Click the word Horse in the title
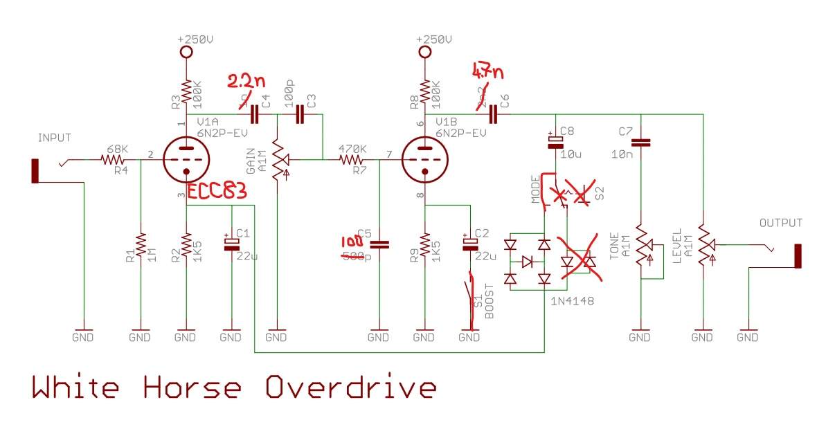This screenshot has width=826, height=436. (x=192, y=388)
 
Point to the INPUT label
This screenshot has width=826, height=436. (x=55, y=138)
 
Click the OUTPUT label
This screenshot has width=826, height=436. (x=781, y=223)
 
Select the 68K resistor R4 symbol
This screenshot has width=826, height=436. (x=111, y=160)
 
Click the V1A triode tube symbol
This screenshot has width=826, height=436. (x=186, y=160)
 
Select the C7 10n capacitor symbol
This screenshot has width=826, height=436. (x=641, y=143)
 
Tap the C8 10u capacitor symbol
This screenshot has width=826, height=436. (x=555, y=141)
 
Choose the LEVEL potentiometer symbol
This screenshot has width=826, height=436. (x=703, y=245)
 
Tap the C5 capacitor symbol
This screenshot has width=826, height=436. (x=379, y=244)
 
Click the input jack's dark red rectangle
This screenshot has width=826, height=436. (x=35, y=171)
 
